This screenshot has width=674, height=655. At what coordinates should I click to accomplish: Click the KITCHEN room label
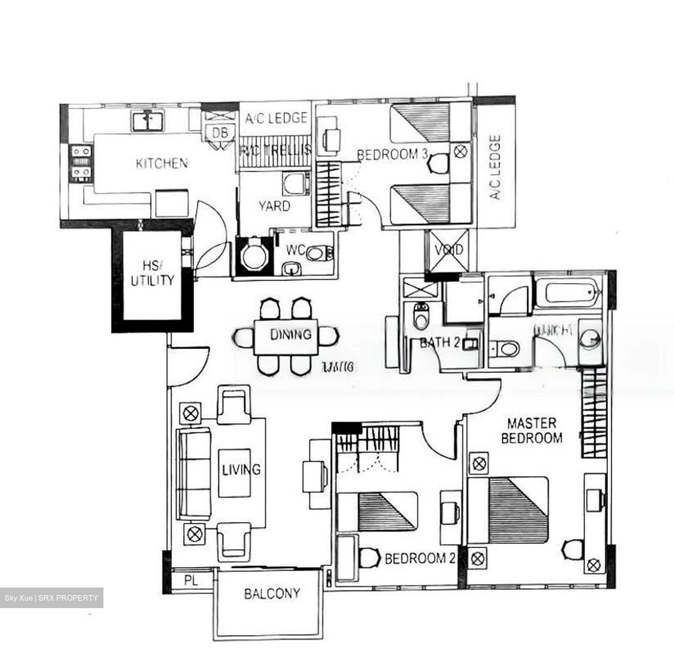(161, 164)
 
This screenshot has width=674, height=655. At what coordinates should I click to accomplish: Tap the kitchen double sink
(147, 121)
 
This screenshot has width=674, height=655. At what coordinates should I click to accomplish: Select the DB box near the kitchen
(220, 133)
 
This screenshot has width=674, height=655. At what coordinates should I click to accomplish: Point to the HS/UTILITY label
(152, 274)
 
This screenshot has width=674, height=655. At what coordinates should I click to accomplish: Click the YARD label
(274, 206)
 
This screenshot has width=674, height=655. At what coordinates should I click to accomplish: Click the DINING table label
(291, 335)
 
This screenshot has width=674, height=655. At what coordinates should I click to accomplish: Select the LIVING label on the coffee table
(241, 469)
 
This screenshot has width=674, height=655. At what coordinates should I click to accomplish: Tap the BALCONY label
(271, 594)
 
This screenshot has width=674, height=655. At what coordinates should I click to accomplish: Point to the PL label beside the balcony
(190, 581)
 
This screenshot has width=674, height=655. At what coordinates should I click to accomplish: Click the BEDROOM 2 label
(420, 558)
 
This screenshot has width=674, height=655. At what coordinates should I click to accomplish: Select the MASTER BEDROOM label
(532, 431)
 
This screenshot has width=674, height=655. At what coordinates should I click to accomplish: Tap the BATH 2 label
(440, 342)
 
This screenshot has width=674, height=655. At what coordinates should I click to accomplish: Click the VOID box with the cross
(449, 250)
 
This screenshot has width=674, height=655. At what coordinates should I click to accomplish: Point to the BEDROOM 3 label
(392, 154)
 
